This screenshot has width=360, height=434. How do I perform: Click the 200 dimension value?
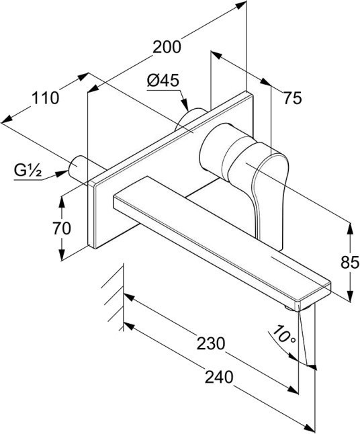coord(167,47)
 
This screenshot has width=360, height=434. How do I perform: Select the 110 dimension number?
coord(46,98)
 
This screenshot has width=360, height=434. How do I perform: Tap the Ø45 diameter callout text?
coord(163,81)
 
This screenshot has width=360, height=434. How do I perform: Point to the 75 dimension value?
coord(292,98)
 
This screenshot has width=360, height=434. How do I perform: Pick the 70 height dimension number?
coord(62,228)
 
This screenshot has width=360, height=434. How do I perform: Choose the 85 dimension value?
coord(350,262)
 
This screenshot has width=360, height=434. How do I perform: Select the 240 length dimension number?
coord(219,377)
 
